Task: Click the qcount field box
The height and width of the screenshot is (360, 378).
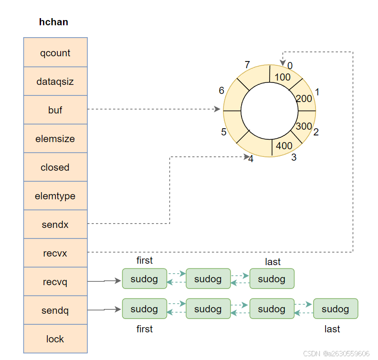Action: tap(55, 52)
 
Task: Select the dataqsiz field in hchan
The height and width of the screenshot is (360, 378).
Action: tap(55, 81)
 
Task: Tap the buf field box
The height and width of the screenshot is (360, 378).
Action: tap(55, 110)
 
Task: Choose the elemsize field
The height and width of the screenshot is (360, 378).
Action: tap(55, 139)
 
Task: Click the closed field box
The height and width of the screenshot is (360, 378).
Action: tap(55, 167)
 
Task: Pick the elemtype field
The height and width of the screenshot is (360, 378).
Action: tap(55, 196)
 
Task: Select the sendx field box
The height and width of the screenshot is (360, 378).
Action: tap(55, 225)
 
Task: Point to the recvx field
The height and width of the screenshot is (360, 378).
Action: tap(55, 253)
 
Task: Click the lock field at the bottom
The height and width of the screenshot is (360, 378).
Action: tap(55, 339)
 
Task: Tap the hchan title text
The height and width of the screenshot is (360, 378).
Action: tap(53, 22)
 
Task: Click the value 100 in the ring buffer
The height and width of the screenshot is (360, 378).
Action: tap(283, 77)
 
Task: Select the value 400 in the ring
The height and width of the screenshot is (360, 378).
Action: tap(284, 145)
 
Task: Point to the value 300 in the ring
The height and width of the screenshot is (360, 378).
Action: tap(304, 126)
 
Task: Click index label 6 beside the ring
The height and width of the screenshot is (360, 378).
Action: tap(221, 90)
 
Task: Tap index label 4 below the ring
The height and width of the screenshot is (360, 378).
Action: tap(251, 159)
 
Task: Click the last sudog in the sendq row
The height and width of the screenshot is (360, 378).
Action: tap(335, 309)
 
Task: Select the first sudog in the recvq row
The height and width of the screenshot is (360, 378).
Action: tap(144, 279)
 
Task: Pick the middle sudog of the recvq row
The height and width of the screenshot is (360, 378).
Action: tap(208, 279)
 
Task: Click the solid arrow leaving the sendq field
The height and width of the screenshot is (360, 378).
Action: tap(104, 310)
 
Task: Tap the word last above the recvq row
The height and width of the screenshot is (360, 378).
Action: tap(273, 262)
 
